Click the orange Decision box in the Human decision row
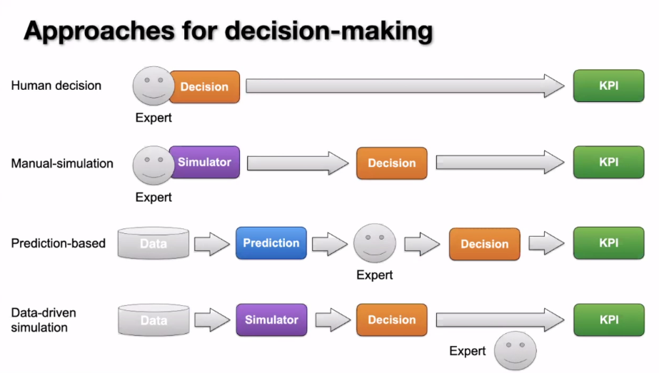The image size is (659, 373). (x=204, y=86)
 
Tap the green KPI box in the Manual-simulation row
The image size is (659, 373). (x=608, y=163)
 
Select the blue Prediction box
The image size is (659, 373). (x=271, y=243)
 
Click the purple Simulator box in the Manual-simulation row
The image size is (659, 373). (x=205, y=163)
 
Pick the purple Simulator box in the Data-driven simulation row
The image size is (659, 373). (x=271, y=320)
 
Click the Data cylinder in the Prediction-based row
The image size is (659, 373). (x=154, y=243)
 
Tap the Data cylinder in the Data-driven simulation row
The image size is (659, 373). (x=154, y=320)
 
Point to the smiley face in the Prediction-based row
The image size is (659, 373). (x=375, y=243)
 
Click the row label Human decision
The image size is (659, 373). (x=56, y=86)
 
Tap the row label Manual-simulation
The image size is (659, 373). (x=62, y=163)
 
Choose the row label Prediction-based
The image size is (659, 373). (x=59, y=243)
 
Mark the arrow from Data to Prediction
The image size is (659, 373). (x=212, y=243)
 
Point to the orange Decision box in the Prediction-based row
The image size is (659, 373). (x=484, y=244)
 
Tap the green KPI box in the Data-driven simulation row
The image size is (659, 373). (x=608, y=320)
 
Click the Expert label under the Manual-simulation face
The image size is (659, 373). (x=154, y=196)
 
